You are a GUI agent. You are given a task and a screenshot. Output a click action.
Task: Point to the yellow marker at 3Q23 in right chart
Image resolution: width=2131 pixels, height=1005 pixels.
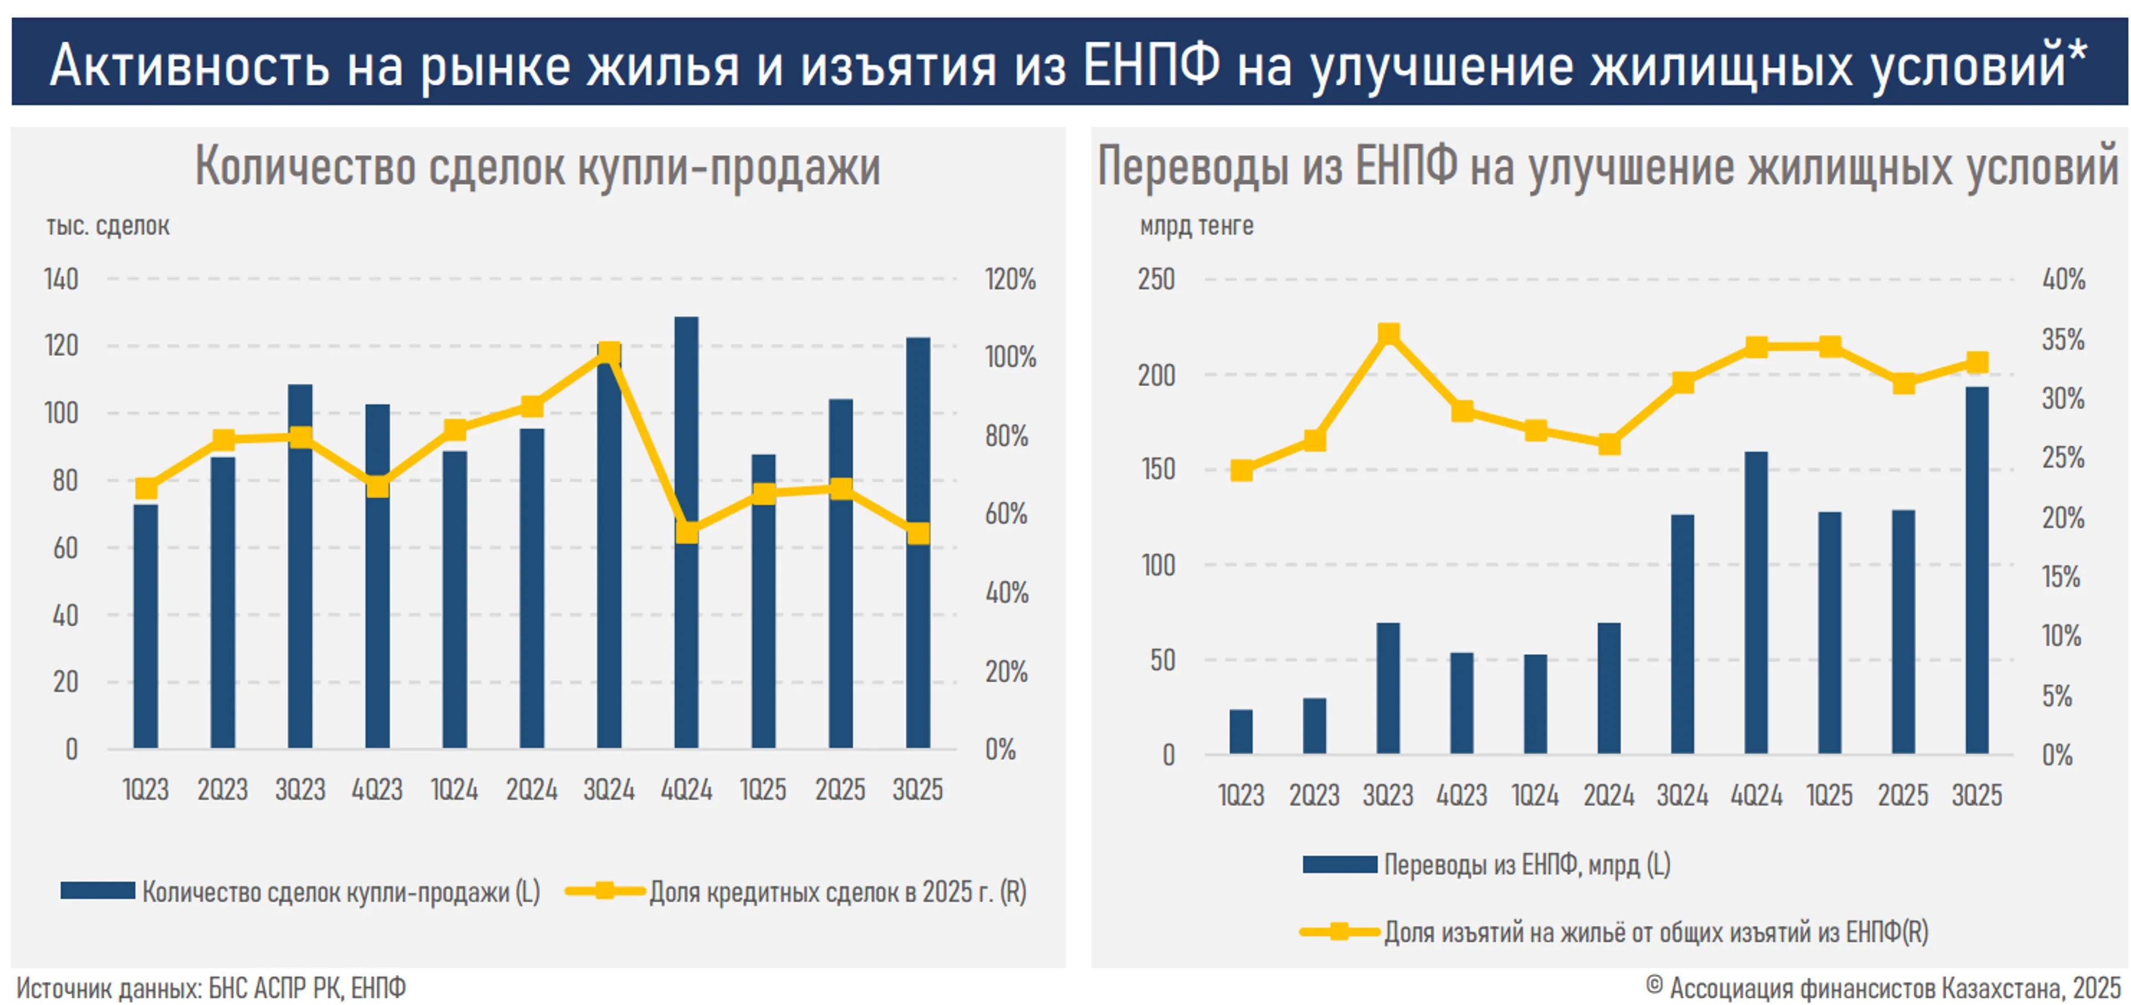coord(1388,334)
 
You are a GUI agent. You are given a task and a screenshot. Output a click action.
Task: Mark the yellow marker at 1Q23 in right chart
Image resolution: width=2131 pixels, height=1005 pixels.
coord(1241,471)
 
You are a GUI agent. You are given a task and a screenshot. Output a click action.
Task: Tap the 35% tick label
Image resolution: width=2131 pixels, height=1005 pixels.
coord(2063,339)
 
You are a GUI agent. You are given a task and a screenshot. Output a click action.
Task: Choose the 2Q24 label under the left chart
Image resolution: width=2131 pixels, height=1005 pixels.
coord(531,790)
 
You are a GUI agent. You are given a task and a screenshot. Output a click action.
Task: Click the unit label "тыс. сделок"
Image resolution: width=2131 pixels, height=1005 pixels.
coord(108,226)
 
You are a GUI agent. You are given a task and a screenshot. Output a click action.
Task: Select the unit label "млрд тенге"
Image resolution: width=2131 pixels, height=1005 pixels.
coord(1196,226)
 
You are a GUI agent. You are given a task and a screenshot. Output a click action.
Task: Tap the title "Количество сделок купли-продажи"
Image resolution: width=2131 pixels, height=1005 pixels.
coord(538,167)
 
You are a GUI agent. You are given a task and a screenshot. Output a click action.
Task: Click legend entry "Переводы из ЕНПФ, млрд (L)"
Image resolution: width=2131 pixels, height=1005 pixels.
coord(1526,865)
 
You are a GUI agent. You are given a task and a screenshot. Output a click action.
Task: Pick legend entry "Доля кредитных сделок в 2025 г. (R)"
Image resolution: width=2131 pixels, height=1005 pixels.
coord(837,892)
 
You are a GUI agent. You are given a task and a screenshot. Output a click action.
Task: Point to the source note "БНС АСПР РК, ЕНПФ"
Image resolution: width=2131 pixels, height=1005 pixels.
coord(307,988)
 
